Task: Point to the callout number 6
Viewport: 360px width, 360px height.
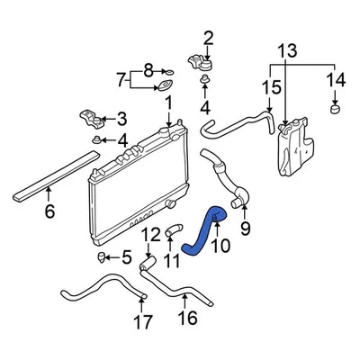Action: pyautogui.click(x=49, y=212)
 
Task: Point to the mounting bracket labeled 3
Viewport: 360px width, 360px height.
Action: pyautogui.click(x=90, y=118)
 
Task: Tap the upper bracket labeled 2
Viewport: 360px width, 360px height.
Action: pyautogui.click(x=199, y=64)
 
